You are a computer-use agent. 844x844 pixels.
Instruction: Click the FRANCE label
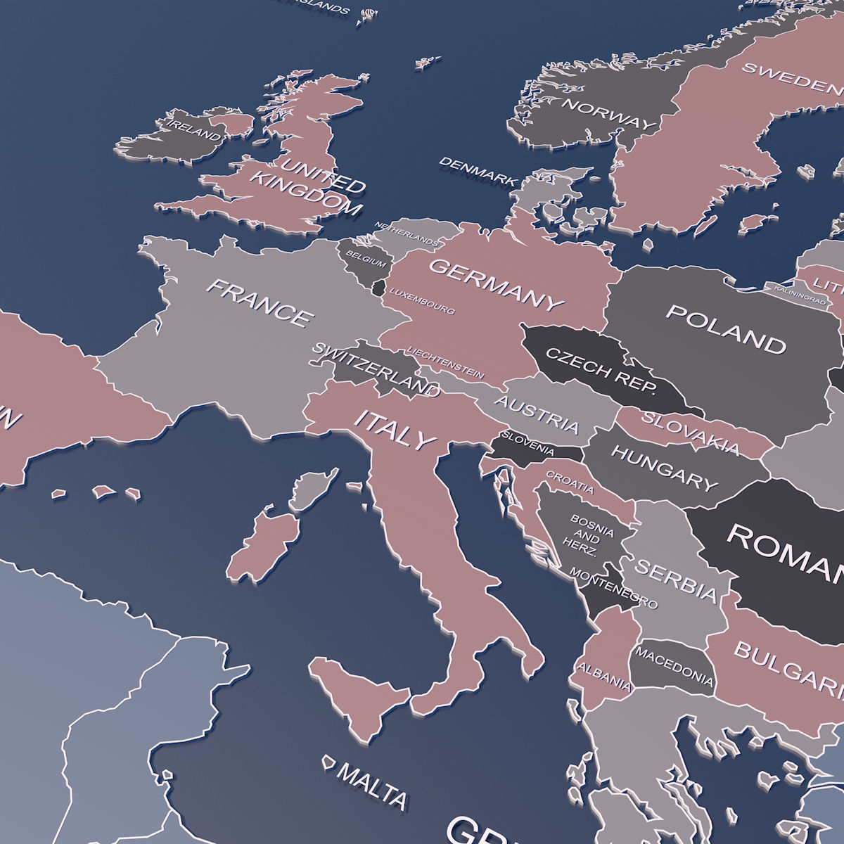click(x=259, y=303)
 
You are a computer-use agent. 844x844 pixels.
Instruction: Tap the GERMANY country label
click(x=497, y=284)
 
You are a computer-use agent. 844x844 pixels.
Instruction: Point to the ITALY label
click(x=395, y=430)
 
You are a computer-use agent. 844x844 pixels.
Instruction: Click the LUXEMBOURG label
click(x=422, y=301)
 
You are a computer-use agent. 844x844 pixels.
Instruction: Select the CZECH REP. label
click(x=601, y=369)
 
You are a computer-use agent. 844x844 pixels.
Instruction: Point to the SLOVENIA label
click(x=527, y=445)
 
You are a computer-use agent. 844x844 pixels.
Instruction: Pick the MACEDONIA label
click(x=674, y=665)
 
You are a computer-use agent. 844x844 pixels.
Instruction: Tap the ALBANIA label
click(x=604, y=675)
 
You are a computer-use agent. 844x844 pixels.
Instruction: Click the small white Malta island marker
click(x=328, y=762)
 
